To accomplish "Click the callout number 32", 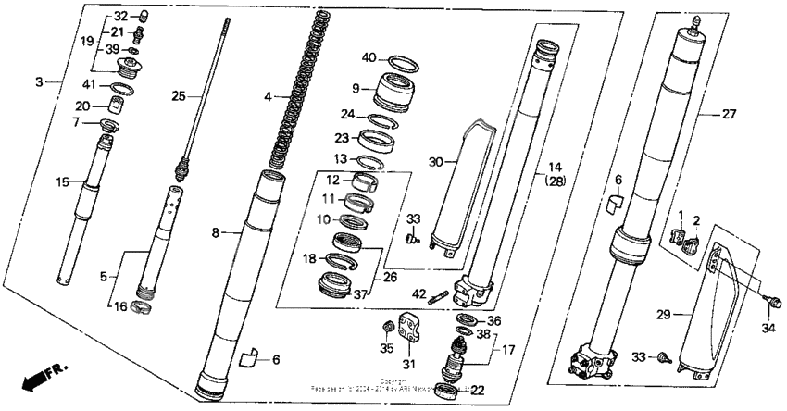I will pyautogui.click(x=121, y=17).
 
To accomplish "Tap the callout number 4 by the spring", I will pyautogui.click(x=269, y=96).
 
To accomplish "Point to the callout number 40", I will pyautogui.click(x=369, y=57).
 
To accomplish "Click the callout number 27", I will pyautogui.click(x=730, y=115).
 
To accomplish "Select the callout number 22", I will pyautogui.click(x=478, y=390).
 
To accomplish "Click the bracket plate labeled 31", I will pyautogui.click(x=409, y=325).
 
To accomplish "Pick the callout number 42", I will pyautogui.click(x=418, y=294).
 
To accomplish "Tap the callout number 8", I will pyautogui.click(x=215, y=233).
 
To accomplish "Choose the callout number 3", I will pyautogui.click(x=39, y=82).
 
